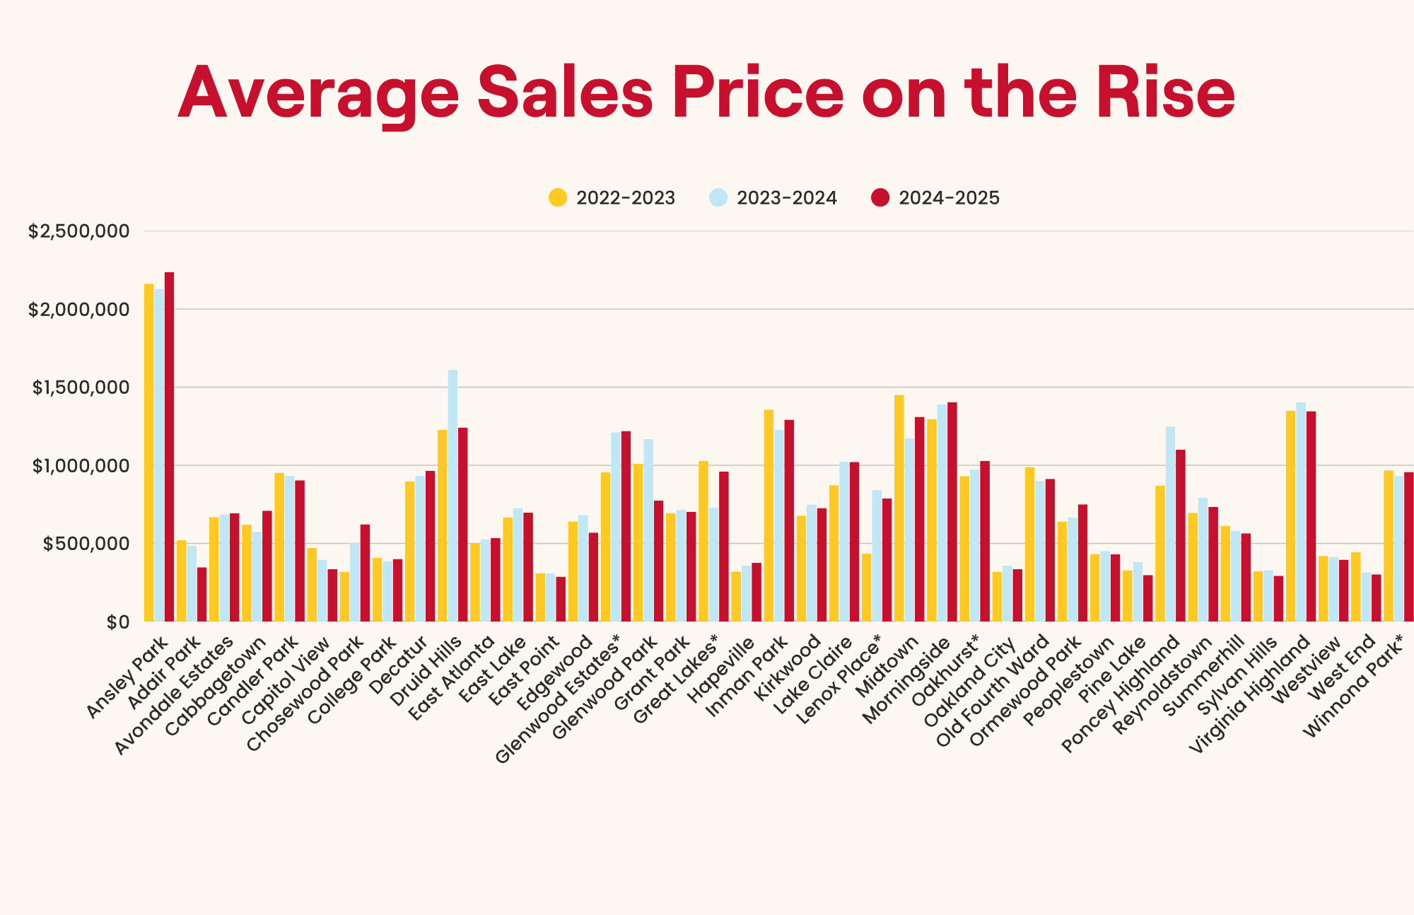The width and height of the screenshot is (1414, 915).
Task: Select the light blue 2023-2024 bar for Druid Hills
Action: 452,496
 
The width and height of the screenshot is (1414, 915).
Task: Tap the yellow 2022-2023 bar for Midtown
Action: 899,508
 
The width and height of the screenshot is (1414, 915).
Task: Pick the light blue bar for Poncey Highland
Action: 1170,524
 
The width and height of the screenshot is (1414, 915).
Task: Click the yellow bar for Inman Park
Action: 769,515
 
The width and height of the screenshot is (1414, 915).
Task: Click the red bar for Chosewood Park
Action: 365,573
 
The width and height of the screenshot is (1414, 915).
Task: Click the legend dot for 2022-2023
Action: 558,198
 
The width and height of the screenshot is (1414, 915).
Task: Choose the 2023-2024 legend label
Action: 786,198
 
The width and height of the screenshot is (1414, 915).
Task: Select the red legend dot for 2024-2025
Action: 880,198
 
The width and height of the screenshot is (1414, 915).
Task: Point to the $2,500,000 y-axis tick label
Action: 78,231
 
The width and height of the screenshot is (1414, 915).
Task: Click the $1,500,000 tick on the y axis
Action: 81,387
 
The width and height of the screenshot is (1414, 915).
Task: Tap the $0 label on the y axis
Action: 118,622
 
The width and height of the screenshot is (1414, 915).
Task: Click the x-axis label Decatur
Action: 400,665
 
